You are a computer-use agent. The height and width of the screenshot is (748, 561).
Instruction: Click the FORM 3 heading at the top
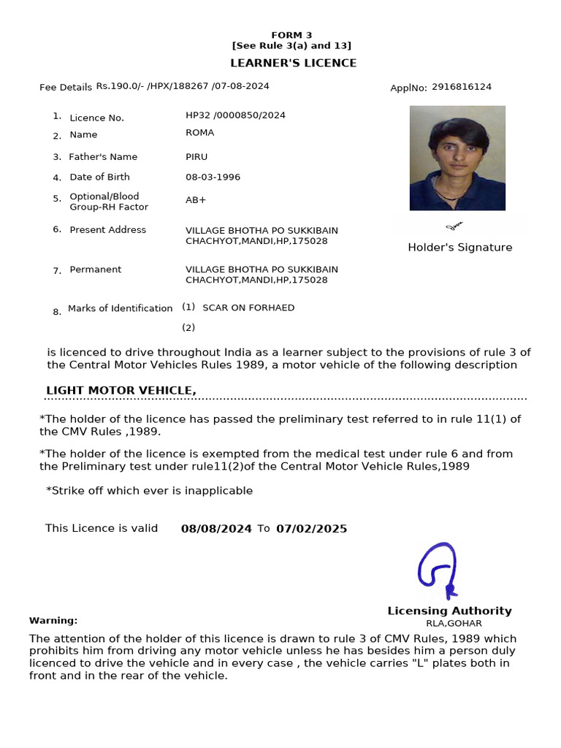(x=291, y=35)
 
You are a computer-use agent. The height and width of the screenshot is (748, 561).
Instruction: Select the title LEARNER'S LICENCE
(x=294, y=63)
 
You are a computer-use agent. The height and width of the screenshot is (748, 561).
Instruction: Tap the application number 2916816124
(x=462, y=87)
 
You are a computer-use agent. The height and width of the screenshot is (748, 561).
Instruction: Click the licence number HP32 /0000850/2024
(x=235, y=115)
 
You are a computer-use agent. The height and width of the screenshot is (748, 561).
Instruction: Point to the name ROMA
(x=199, y=133)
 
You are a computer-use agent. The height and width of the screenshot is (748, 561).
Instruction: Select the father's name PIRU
(x=196, y=157)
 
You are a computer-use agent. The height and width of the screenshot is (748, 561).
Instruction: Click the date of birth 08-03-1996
(x=213, y=178)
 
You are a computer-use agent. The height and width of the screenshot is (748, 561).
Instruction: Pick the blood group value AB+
(x=196, y=200)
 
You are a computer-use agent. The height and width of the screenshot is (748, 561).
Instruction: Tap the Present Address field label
(x=107, y=230)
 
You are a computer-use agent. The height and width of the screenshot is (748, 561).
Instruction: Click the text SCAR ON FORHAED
(x=248, y=308)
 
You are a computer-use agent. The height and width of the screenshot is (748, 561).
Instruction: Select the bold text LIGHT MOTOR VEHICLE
(x=121, y=391)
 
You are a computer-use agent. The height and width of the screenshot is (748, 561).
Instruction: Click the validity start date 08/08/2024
(x=216, y=529)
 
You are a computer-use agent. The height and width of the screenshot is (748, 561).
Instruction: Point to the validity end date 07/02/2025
(x=311, y=529)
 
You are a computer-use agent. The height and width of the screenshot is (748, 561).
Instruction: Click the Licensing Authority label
(x=449, y=611)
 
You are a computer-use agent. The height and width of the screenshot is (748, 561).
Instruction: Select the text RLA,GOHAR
(x=454, y=624)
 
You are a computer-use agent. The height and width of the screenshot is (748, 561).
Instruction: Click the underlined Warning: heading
(x=53, y=621)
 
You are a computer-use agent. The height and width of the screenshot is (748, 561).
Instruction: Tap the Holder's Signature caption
(x=459, y=248)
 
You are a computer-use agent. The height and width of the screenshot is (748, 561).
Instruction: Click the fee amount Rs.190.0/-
(x=120, y=86)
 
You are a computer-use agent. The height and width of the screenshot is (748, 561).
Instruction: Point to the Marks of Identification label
(x=120, y=309)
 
